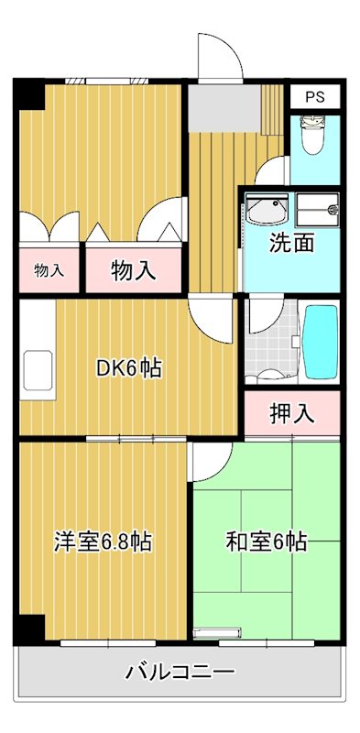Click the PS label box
315,96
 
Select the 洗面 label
291,244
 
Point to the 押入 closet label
292,413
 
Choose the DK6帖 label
130,368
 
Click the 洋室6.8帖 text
101,542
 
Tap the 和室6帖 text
266,542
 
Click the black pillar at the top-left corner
27,94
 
